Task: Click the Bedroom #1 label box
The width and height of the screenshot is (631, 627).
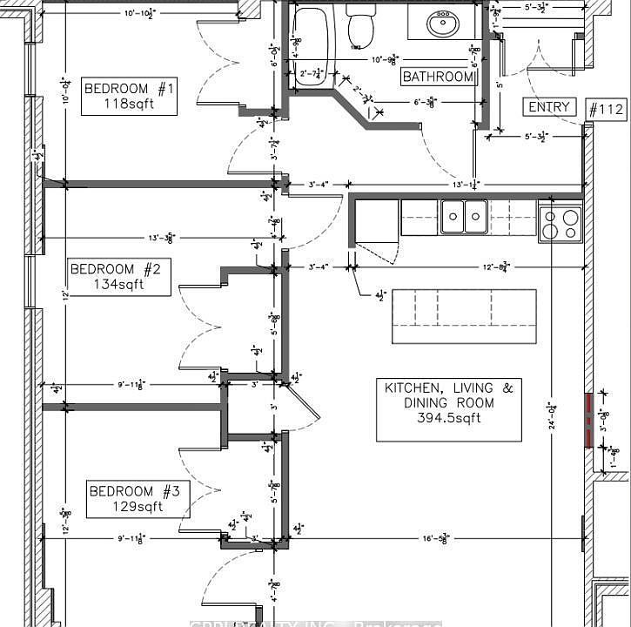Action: click(x=130, y=96)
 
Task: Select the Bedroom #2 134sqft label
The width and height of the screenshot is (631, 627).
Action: click(x=119, y=277)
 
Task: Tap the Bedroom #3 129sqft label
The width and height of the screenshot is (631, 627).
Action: click(x=138, y=499)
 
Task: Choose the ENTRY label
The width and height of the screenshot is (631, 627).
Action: click(x=549, y=107)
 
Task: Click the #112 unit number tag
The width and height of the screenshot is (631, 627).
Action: click(x=606, y=109)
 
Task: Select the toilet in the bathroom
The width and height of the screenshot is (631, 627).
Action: click(x=359, y=28)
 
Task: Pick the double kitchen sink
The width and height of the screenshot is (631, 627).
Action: click(x=464, y=217)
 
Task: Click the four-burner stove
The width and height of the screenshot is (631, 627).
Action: click(x=560, y=222)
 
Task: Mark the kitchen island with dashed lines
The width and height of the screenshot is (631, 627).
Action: click(x=464, y=316)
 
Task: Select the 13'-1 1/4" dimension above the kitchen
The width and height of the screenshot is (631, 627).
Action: click(x=466, y=184)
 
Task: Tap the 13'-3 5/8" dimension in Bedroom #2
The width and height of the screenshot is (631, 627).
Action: click(x=159, y=237)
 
